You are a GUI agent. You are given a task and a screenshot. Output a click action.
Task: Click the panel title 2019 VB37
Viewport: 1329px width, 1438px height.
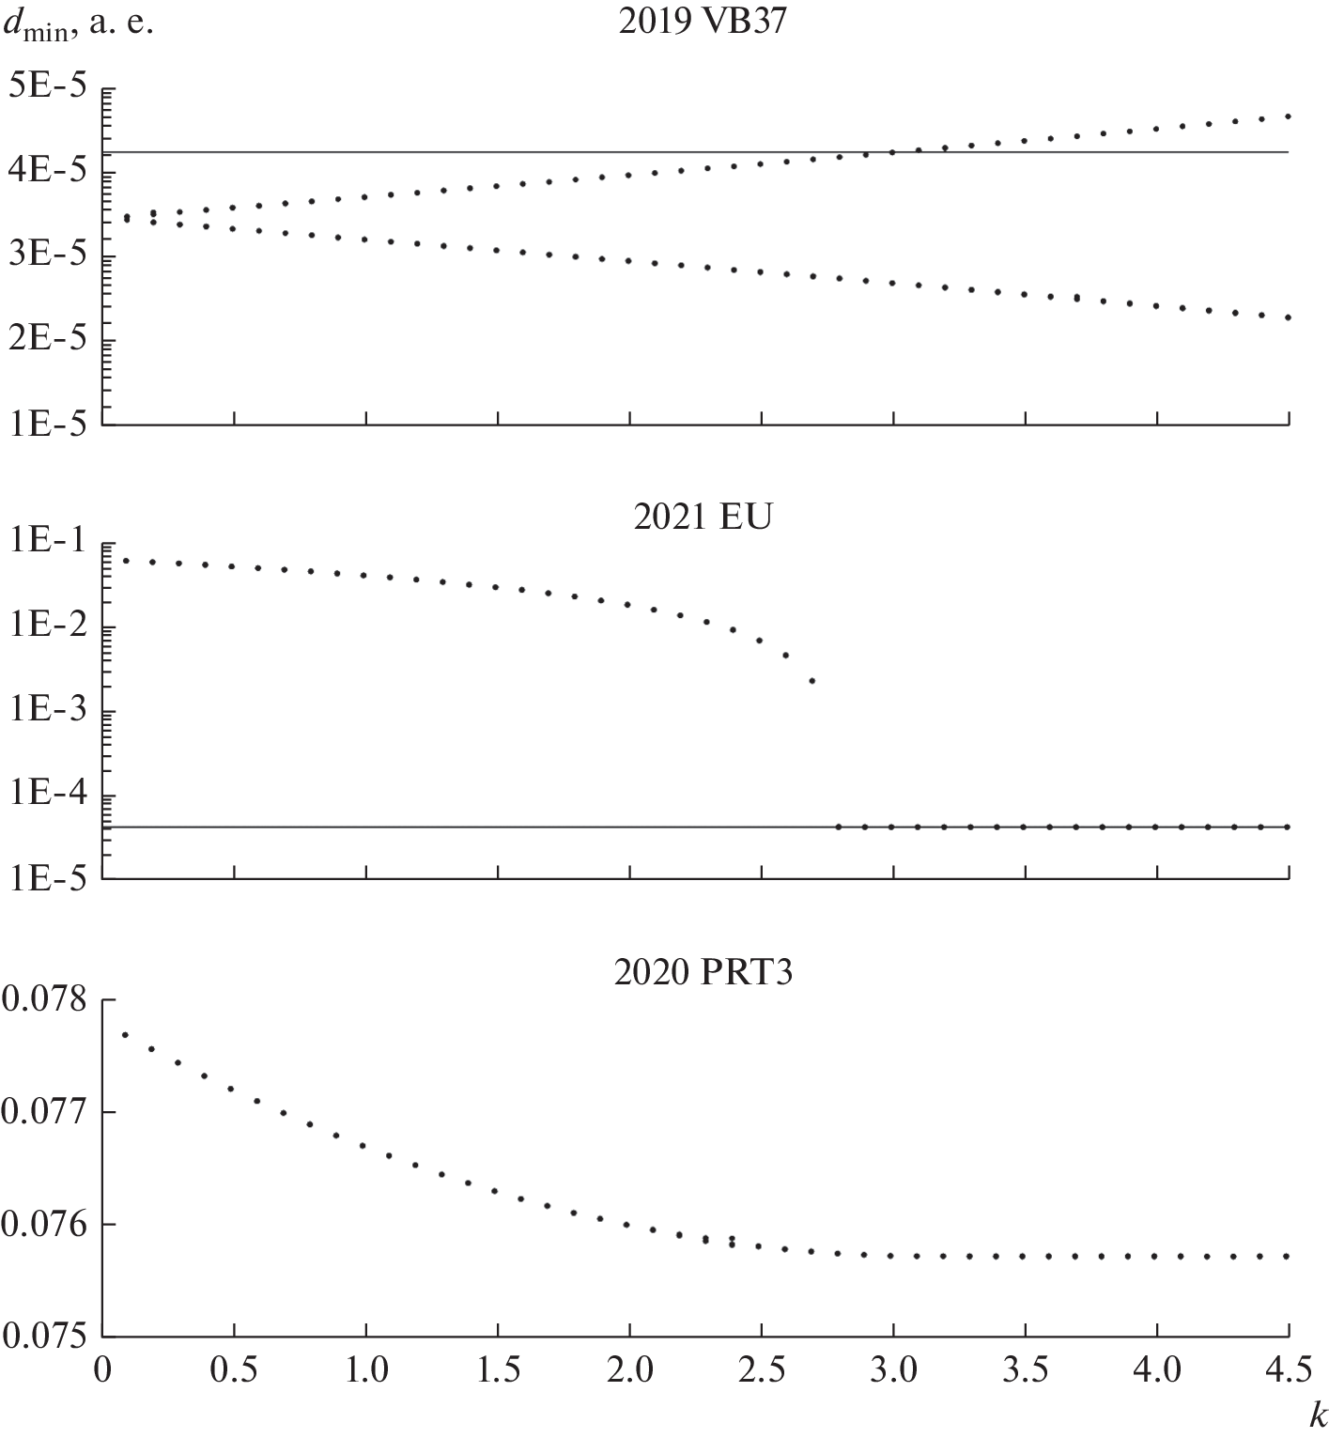click(702, 22)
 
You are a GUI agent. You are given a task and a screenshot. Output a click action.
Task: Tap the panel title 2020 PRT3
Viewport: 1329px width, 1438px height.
click(702, 972)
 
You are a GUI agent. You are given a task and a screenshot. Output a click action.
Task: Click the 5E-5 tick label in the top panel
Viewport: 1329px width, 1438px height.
click(46, 88)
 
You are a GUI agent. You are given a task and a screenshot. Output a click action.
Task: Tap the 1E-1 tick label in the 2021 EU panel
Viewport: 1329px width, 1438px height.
click(48, 545)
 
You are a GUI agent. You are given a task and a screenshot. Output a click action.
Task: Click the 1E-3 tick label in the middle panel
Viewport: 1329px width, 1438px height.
click(48, 712)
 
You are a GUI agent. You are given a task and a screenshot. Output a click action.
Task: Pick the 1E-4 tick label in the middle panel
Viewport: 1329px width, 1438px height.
click(48, 796)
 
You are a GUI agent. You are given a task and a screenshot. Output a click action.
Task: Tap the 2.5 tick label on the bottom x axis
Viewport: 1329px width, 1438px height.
click(762, 1369)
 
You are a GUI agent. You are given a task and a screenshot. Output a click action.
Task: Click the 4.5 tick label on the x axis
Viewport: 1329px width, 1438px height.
click(1289, 1369)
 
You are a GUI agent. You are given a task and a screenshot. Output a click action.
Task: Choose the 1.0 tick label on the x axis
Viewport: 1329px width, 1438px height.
click(366, 1369)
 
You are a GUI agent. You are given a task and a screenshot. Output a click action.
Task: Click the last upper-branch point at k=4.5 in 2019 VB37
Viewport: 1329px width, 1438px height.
click(1289, 116)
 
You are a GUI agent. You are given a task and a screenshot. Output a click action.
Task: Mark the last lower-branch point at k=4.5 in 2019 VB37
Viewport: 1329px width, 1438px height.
click(1289, 317)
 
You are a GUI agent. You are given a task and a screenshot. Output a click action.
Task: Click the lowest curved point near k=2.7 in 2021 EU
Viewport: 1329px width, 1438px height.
click(812, 681)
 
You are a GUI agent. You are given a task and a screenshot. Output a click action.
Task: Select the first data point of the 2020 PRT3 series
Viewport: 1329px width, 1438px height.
click(125, 1035)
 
